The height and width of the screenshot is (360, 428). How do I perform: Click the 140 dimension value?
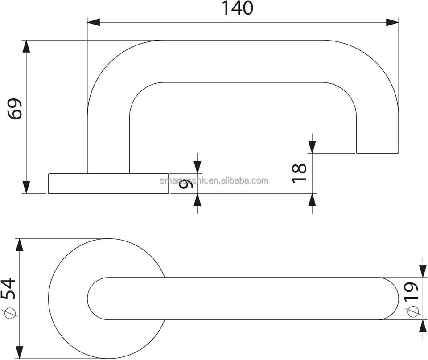click(x=237, y=8)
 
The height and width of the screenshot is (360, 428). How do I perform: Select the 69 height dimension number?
click(x=16, y=108)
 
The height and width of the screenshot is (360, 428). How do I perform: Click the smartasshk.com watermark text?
click(x=214, y=180)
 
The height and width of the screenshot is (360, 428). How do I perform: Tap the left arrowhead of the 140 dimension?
click(x=93, y=22)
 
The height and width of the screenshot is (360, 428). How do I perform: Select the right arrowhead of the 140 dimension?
click(x=392, y=22)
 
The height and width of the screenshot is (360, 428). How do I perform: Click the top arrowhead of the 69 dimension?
click(x=27, y=47)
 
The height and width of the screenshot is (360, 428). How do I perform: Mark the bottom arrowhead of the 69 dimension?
click(x=27, y=187)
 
